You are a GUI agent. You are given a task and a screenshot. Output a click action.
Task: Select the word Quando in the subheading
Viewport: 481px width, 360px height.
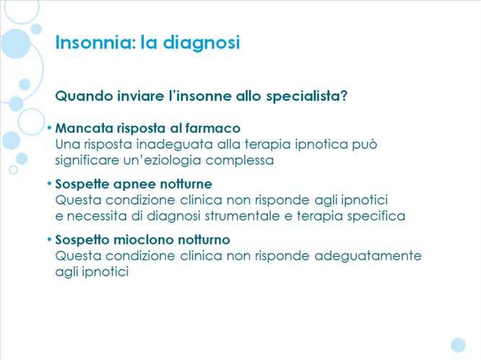pos(82,95)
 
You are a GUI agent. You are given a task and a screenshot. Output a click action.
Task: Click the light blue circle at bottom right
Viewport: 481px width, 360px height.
pos(458,344)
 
